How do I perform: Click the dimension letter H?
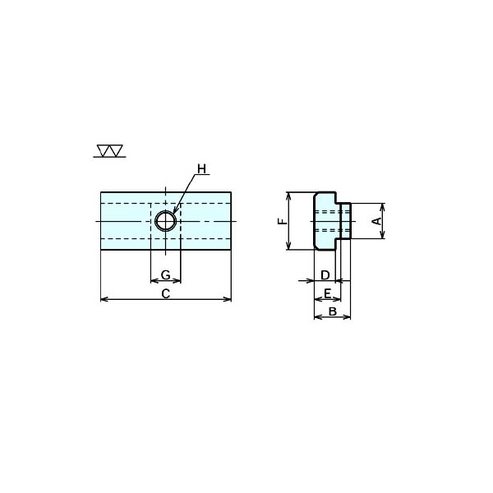[201, 168]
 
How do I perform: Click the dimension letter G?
[166, 274]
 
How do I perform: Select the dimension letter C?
[166, 293]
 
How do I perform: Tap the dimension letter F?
[283, 221]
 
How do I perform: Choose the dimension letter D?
[325, 275]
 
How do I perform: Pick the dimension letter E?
[327, 293]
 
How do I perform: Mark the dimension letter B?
[332, 311]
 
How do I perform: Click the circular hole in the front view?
[166, 221]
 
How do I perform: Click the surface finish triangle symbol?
[110, 151]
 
